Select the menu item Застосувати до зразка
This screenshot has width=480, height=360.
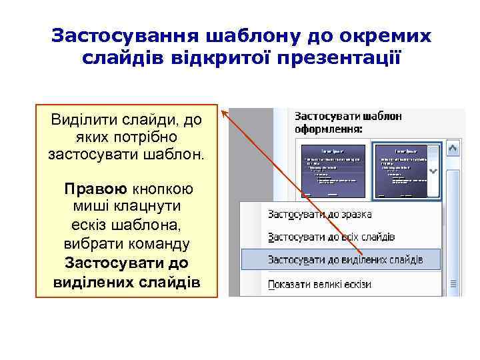[x=319, y=215]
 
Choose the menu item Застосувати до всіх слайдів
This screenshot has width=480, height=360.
[x=331, y=237]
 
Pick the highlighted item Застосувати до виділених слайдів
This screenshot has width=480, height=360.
[x=345, y=259]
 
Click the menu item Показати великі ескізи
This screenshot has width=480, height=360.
[x=319, y=284]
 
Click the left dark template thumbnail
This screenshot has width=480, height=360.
[x=332, y=171]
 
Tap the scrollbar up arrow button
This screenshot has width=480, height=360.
[x=453, y=148]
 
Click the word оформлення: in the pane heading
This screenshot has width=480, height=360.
[x=329, y=129]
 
